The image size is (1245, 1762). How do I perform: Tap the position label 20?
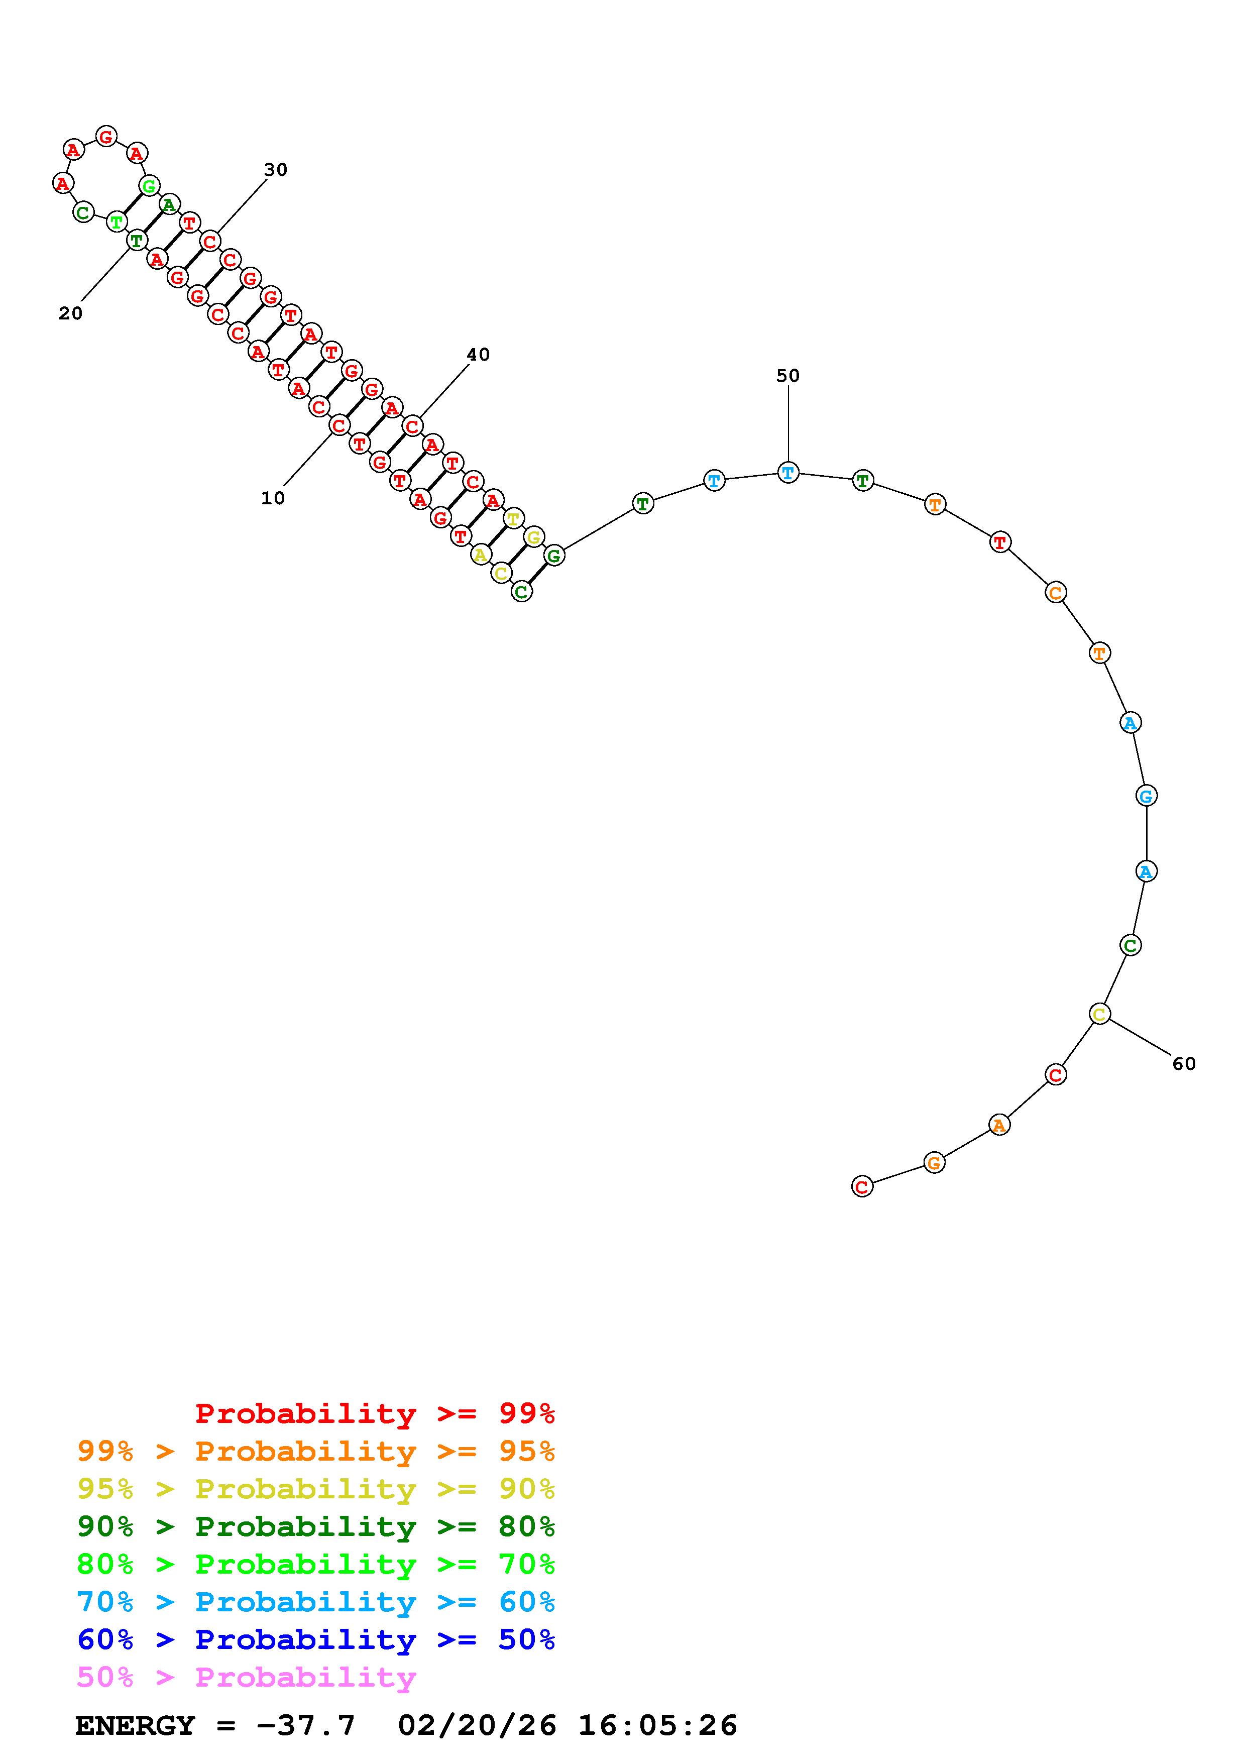tap(71, 313)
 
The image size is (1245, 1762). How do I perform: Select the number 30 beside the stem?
tap(275, 170)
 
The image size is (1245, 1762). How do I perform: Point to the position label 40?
tap(478, 355)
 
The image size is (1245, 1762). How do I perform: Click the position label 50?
tap(788, 375)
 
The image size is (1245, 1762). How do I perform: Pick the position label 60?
tap(1184, 1063)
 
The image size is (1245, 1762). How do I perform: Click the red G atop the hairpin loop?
tap(106, 137)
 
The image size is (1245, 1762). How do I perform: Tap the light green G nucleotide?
tap(149, 185)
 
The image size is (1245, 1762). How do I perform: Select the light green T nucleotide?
tap(116, 222)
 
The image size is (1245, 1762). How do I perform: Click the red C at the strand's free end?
tap(862, 1186)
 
